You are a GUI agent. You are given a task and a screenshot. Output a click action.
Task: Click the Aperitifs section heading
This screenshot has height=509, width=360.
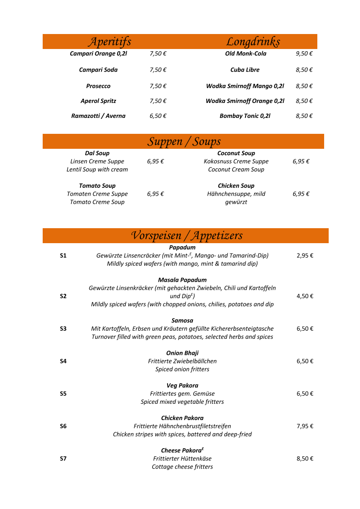tap(109, 42)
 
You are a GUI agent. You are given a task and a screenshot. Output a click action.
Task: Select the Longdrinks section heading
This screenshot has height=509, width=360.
tap(253, 42)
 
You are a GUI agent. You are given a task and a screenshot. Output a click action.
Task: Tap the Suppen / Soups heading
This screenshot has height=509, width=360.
tap(184, 142)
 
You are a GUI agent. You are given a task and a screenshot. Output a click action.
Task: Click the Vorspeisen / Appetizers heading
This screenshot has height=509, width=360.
tap(187, 235)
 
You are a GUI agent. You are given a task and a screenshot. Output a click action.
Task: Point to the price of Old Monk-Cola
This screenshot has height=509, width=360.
tap(304, 54)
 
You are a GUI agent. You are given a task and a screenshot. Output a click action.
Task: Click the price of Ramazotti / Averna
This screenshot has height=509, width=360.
tap(158, 116)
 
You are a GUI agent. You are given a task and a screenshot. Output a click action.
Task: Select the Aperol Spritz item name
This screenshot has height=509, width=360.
tap(98, 101)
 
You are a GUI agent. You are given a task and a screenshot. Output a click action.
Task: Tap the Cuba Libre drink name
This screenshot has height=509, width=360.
tap(245, 70)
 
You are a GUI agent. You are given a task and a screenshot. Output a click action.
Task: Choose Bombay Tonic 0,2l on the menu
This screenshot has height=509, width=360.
tap(245, 116)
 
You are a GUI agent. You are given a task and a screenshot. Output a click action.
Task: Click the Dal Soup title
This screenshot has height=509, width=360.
tap(97, 153)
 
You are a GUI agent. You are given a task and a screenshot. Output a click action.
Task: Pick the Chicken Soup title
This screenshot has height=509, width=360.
tap(236, 186)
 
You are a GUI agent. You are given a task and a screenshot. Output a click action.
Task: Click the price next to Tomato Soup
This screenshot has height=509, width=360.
tap(155, 194)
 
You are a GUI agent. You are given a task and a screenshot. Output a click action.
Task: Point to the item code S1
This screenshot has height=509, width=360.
tap(63, 255)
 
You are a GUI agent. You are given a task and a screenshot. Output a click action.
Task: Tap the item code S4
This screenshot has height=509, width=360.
tap(63, 361)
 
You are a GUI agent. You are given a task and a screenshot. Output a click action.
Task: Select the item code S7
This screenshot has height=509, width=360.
tap(63, 459)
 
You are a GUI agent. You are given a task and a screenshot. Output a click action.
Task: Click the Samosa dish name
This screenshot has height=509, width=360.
tap(182, 320)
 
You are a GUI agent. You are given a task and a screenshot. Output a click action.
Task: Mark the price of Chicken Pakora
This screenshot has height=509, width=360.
tap(305, 426)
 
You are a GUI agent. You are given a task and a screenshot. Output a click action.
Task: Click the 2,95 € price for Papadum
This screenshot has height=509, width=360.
tap(305, 255)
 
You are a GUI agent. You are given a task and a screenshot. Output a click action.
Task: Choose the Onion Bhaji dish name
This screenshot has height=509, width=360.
tap(182, 353)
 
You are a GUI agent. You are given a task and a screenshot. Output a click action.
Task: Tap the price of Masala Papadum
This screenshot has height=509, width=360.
tap(305, 296)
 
